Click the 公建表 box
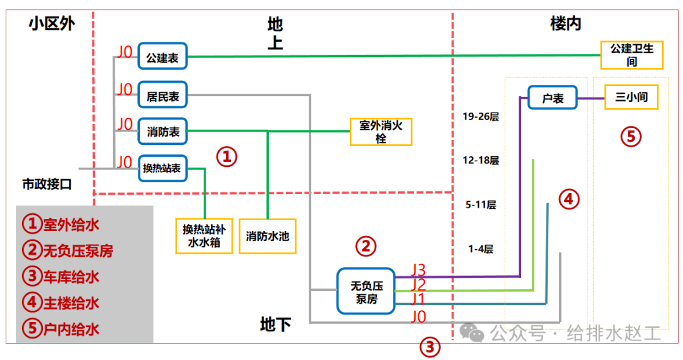(163, 58)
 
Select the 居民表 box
(163, 96)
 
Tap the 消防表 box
(163, 132)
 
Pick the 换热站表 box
(163, 168)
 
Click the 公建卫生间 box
(631, 55)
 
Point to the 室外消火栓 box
(380, 132)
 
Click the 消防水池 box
(268, 236)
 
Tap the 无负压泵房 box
(366, 292)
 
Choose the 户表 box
(552, 98)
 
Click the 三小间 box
(631, 97)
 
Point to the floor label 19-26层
(481, 116)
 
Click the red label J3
(419, 269)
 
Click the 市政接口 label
(47, 185)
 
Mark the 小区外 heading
(51, 24)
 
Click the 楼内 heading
(565, 24)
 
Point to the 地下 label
(276, 325)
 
